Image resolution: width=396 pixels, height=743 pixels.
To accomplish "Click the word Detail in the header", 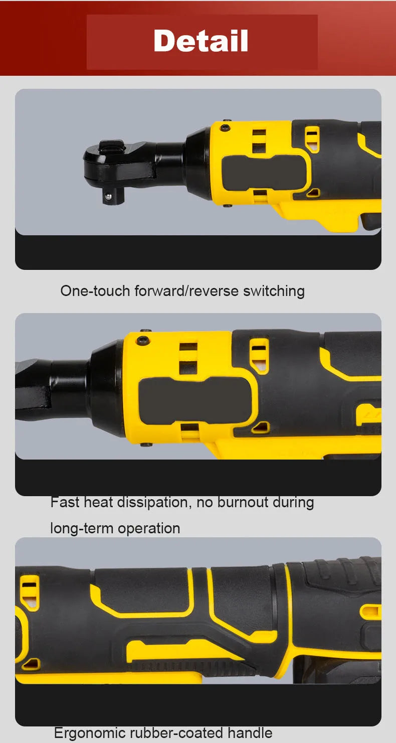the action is (x=201, y=41).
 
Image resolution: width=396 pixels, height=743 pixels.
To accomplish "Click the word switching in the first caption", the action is (x=274, y=291).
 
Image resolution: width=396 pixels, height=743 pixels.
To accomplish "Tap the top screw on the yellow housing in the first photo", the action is (x=225, y=128).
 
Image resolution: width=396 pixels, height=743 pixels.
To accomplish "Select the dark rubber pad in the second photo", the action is (x=195, y=401).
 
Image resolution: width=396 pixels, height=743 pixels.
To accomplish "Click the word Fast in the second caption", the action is (x=65, y=502).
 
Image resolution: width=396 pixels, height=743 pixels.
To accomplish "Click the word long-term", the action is (x=82, y=528).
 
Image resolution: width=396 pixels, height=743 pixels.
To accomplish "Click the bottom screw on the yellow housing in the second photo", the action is (x=146, y=444).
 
